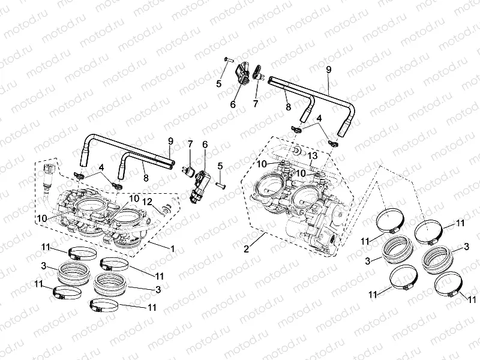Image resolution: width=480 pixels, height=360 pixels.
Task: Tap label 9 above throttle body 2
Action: click(328, 70)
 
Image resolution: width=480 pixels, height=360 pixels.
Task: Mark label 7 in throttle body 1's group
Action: click(190, 144)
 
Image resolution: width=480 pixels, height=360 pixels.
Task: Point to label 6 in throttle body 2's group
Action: click(233, 104)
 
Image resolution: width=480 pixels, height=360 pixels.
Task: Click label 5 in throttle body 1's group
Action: click(220, 166)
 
